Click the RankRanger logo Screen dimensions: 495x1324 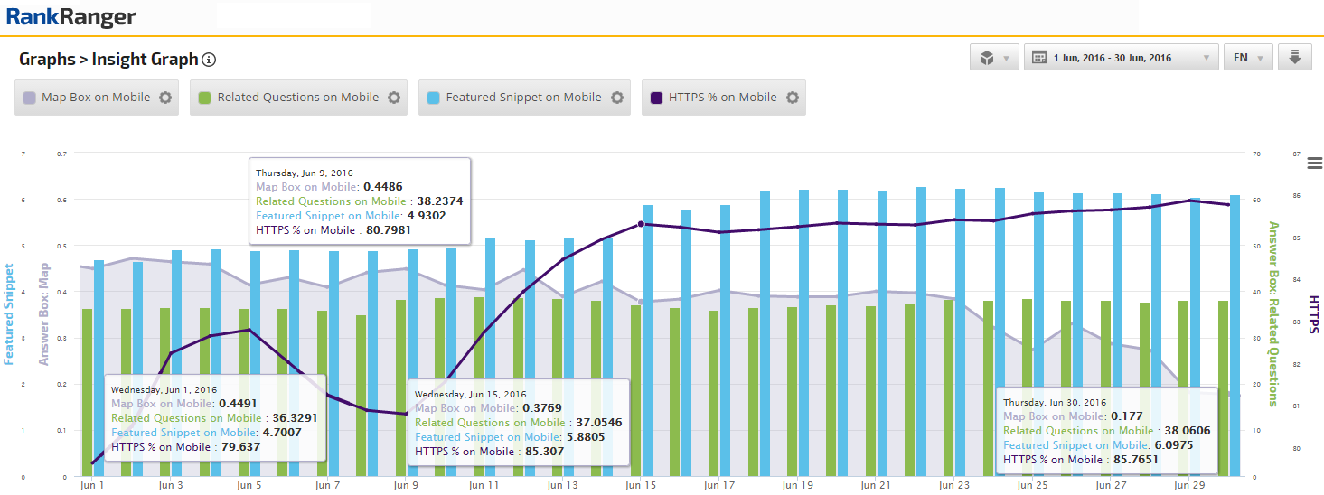tap(70, 16)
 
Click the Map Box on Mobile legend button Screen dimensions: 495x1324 tap(96, 98)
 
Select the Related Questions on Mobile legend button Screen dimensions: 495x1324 tap(297, 98)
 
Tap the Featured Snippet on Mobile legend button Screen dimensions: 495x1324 tap(523, 98)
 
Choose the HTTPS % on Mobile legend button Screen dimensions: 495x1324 tap(722, 98)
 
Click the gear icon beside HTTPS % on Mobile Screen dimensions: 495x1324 tap(793, 98)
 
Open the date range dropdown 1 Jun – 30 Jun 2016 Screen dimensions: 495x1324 tap(1121, 58)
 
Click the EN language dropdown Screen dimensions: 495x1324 tap(1247, 58)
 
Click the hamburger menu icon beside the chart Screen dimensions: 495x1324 tap(1314, 163)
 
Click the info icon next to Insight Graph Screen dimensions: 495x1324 tap(209, 61)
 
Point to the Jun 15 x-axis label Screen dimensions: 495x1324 tap(640, 485)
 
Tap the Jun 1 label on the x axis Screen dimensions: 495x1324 tap(91, 485)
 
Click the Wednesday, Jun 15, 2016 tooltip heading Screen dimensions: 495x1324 tap(470, 394)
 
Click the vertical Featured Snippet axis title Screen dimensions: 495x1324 tap(9, 313)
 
